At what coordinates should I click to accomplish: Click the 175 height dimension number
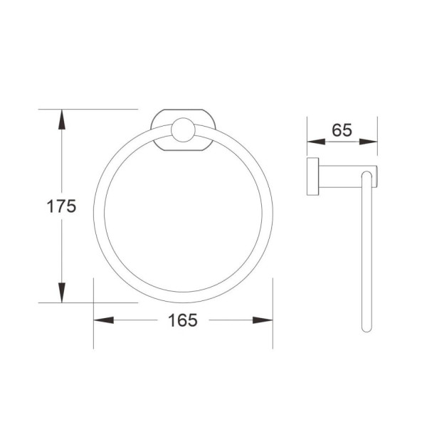pos(61,206)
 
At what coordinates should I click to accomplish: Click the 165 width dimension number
pos(183,320)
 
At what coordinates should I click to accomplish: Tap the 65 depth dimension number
pos(342,130)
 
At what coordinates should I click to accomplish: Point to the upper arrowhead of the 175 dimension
pos(62,120)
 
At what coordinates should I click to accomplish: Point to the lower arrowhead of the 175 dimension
pos(62,292)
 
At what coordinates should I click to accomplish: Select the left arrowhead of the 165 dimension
pos(103,320)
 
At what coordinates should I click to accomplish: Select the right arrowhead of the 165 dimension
pos(263,320)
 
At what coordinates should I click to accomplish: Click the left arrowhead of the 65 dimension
pos(317,142)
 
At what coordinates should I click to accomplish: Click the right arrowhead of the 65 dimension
pos(368,142)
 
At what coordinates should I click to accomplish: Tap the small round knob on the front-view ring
pos(183,130)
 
